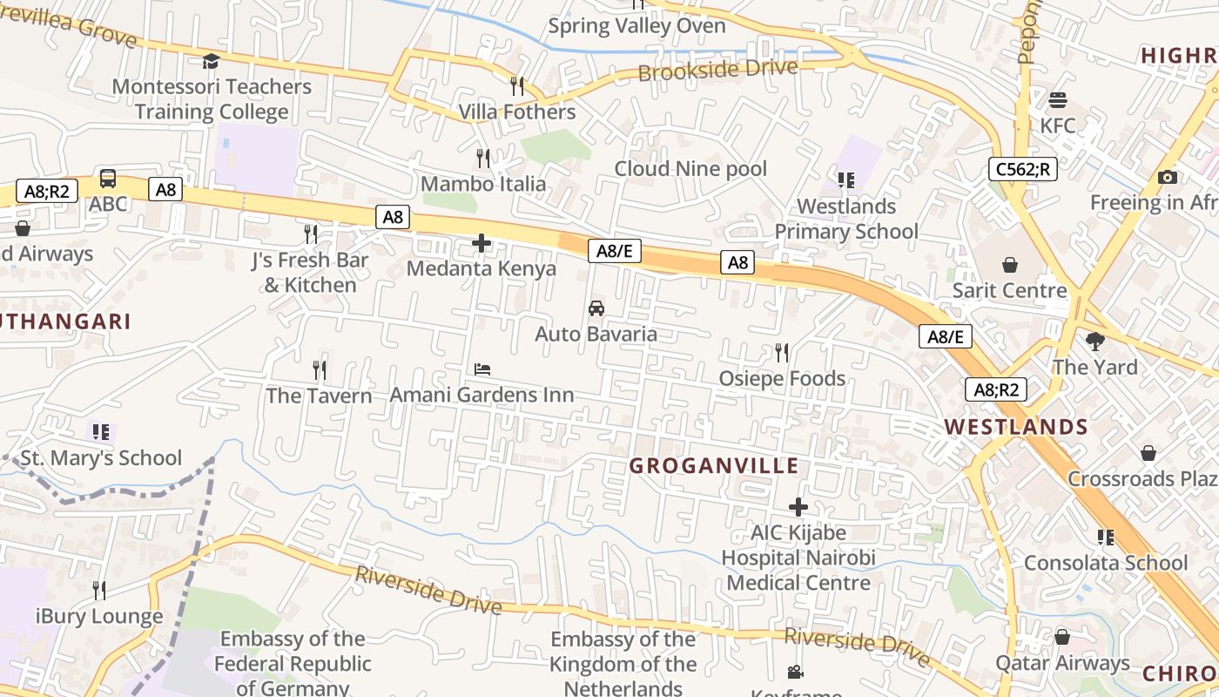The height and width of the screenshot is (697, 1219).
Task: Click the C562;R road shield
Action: pos(1022,169)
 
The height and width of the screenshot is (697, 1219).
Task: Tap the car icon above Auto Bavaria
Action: pos(596,308)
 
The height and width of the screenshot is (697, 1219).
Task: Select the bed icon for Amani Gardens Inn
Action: pos(482,369)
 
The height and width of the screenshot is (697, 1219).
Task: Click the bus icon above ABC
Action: pos(108,179)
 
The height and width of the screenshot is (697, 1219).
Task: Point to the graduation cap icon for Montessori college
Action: pos(211,61)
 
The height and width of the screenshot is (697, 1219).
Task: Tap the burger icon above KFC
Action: pos(1058,100)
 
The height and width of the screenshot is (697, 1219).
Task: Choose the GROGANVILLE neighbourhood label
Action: pos(714,466)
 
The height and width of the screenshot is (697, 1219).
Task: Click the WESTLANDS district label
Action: pos(1016,427)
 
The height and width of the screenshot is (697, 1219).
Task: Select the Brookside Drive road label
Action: pos(717,70)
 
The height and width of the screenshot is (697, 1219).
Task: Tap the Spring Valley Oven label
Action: pos(636,26)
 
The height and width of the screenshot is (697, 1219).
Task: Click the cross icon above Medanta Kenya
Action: pos(482,243)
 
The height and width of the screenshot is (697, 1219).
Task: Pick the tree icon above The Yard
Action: pos(1094,342)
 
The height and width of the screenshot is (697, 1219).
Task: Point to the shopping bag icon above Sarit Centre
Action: pos(1010,264)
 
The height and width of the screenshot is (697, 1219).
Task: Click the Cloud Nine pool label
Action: pos(690,168)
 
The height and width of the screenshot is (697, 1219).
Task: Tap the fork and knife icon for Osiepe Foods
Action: pos(782,353)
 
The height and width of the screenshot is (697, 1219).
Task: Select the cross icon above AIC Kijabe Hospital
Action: pos(798,506)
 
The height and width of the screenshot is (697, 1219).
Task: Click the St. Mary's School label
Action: pos(101,457)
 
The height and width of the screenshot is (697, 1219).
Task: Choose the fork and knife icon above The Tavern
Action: pos(320,370)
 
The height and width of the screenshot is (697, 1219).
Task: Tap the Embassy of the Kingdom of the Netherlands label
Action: pos(623,664)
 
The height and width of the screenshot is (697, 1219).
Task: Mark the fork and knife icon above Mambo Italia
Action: pos(483,158)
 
